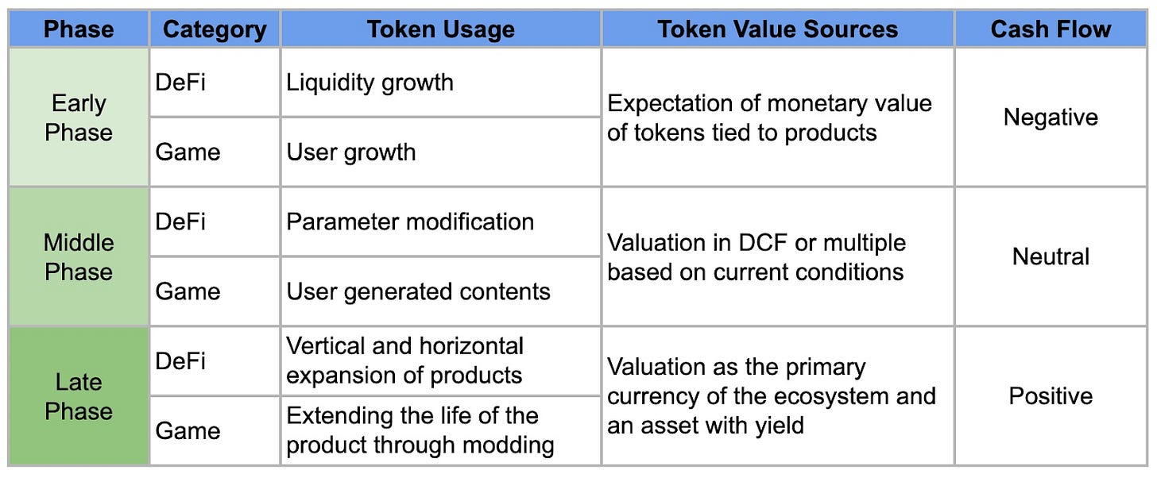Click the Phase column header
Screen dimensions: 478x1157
pos(78,30)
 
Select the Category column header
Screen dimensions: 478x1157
pos(214,30)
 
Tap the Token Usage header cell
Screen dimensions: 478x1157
pos(440,30)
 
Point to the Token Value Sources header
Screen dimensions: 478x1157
pos(777,30)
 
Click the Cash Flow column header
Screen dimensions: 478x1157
pos(1051,30)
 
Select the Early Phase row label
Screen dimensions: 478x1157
pos(78,118)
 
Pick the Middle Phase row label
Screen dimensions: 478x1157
pos(78,256)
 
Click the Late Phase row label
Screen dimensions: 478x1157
pos(78,396)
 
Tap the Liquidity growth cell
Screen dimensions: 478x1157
pos(370,83)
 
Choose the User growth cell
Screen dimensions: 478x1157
pos(350,152)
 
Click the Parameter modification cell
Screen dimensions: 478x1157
pos(409,222)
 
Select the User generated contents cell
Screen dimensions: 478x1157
pos(418,291)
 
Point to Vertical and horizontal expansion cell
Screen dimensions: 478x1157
pos(404,360)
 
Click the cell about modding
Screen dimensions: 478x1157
pos(420,430)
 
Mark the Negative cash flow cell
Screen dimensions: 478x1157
pos(1051,118)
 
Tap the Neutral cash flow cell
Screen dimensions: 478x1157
pos(1051,256)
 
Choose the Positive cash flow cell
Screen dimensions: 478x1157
pos(1051,396)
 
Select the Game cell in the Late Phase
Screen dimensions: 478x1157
pos(188,430)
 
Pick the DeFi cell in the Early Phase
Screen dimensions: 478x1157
pos(180,83)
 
